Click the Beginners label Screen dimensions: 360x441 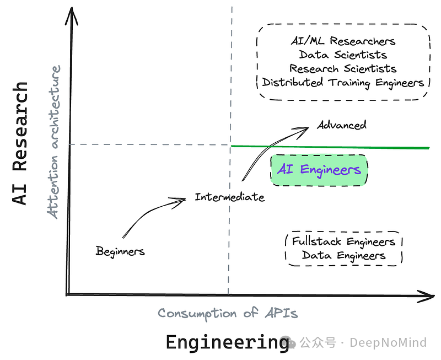(x=120, y=251)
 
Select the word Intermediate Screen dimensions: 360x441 (x=229, y=197)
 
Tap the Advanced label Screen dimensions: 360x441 (x=341, y=125)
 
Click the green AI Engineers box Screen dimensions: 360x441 (x=319, y=170)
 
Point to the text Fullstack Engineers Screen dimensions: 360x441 (x=343, y=241)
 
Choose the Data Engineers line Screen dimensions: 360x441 (x=343, y=255)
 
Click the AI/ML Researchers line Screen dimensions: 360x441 (x=343, y=41)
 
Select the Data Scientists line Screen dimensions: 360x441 (x=343, y=55)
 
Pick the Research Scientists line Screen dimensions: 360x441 (x=343, y=68)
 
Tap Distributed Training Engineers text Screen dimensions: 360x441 (x=343, y=83)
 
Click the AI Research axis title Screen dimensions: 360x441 (x=20, y=143)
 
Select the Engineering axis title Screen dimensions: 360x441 (x=227, y=342)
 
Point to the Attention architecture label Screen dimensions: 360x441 (x=55, y=142)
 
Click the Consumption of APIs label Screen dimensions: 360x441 (x=228, y=313)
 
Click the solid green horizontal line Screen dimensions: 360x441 (x=331, y=147)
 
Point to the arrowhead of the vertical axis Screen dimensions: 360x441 (x=70, y=17)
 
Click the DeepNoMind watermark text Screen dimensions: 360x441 (x=388, y=342)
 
